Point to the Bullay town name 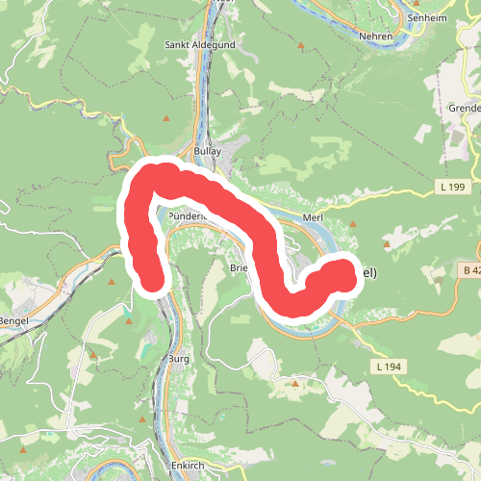207,151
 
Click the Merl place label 312,219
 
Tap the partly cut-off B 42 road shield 469,272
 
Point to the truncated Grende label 463,108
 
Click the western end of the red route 150,280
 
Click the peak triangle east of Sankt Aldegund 301,45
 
